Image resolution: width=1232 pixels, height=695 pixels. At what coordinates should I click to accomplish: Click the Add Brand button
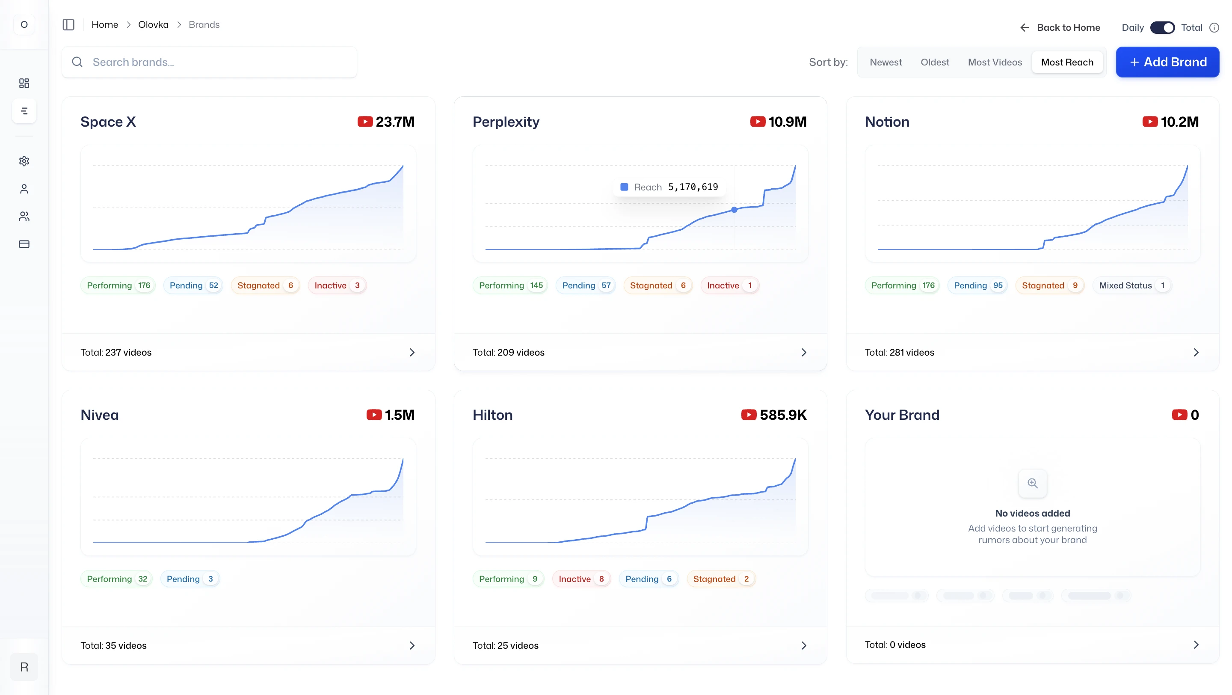(x=1167, y=62)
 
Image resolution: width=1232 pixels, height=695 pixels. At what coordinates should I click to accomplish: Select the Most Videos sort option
(x=994, y=62)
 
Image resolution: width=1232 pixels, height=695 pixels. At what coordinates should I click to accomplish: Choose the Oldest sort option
(x=935, y=62)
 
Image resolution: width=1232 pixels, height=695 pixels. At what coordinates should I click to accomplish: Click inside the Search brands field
(x=215, y=62)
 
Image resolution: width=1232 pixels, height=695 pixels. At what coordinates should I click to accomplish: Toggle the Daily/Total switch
(x=1162, y=28)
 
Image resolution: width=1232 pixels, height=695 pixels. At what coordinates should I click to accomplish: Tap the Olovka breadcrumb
(x=153, y=24)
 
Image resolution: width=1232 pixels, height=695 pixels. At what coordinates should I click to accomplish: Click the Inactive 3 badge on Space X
(x=337, y=285)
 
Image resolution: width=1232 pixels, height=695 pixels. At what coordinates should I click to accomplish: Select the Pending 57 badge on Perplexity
(x=586, y=285)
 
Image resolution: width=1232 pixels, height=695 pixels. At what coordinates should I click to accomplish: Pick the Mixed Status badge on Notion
(x=1131, y=285)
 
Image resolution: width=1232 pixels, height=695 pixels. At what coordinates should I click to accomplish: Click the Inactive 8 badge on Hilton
(x=581, y=579)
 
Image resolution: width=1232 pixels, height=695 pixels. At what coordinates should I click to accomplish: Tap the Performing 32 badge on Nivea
(x=117, y=579)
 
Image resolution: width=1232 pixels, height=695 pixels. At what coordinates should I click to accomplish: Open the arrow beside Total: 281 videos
(x=1196, y=353)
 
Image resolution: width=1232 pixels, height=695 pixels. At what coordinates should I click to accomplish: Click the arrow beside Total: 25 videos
(x=803, y=646)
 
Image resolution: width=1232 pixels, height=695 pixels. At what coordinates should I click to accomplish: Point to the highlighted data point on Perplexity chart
(x=734, y=210)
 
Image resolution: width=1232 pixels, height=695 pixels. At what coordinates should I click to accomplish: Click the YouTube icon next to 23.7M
(x=365, y=122)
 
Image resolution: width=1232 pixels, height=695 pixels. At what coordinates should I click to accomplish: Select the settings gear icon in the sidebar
(x=24, y=161)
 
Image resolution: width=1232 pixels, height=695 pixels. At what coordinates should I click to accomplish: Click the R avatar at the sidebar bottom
(x=24, y=667)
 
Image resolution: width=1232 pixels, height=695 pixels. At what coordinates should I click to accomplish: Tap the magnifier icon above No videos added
(x=1033, y=483)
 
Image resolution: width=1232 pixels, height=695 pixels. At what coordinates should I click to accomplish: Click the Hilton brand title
(x=492, y=415)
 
